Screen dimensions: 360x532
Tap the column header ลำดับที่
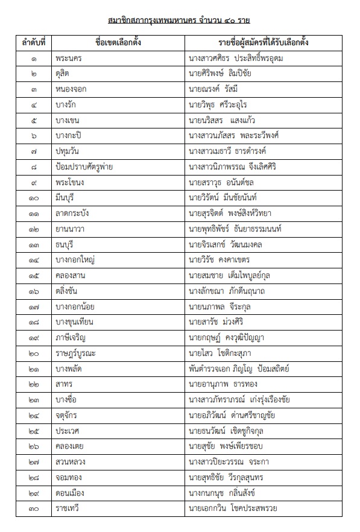tap(34, 43)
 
